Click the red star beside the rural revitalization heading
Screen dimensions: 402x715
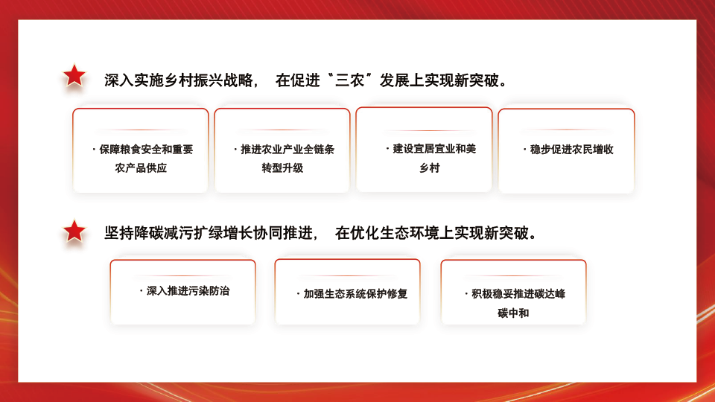point(74,75)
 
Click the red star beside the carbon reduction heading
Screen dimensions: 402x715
point(74,232)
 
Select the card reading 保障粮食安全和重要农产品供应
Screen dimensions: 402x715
point(141,150)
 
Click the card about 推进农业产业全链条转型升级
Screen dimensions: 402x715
point(282,150)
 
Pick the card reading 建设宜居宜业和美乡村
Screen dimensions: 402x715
point(424,150)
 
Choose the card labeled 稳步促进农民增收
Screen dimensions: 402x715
point(566,151)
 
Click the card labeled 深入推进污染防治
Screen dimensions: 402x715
point(182,292)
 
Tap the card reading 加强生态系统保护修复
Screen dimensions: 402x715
point(347,292)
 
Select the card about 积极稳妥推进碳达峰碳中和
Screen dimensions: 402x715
point(513,292)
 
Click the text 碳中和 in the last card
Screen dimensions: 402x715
point(513,313)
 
